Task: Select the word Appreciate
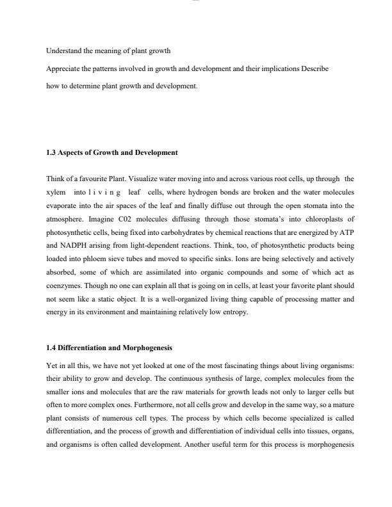coord(63,68)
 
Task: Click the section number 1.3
coord(51,152)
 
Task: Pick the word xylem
coord(56,191)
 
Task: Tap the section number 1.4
coord(51,348)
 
